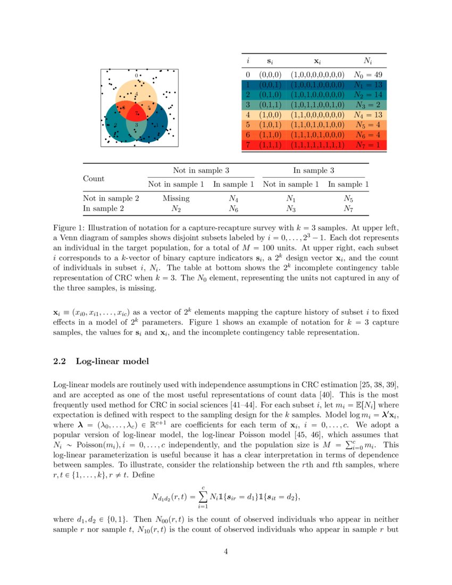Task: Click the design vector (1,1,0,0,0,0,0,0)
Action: click(x=317, y=115)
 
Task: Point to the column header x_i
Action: click(x=317, y=62)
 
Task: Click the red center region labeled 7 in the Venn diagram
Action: click(x=136, y=113)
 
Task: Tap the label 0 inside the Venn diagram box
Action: click(x=136, y=76)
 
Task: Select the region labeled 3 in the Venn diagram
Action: click(x=137, y=125)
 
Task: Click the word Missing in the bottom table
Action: click(x=176, y=198)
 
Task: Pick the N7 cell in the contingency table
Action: click(x=348, y=208)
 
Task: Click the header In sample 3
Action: click(x=314, y=170)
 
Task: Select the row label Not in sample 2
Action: click(x=111, y=198)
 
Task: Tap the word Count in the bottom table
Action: click(x=94, y=179)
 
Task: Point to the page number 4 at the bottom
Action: click(x=225, y=551)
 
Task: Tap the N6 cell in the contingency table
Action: click(x=233, y=208)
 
